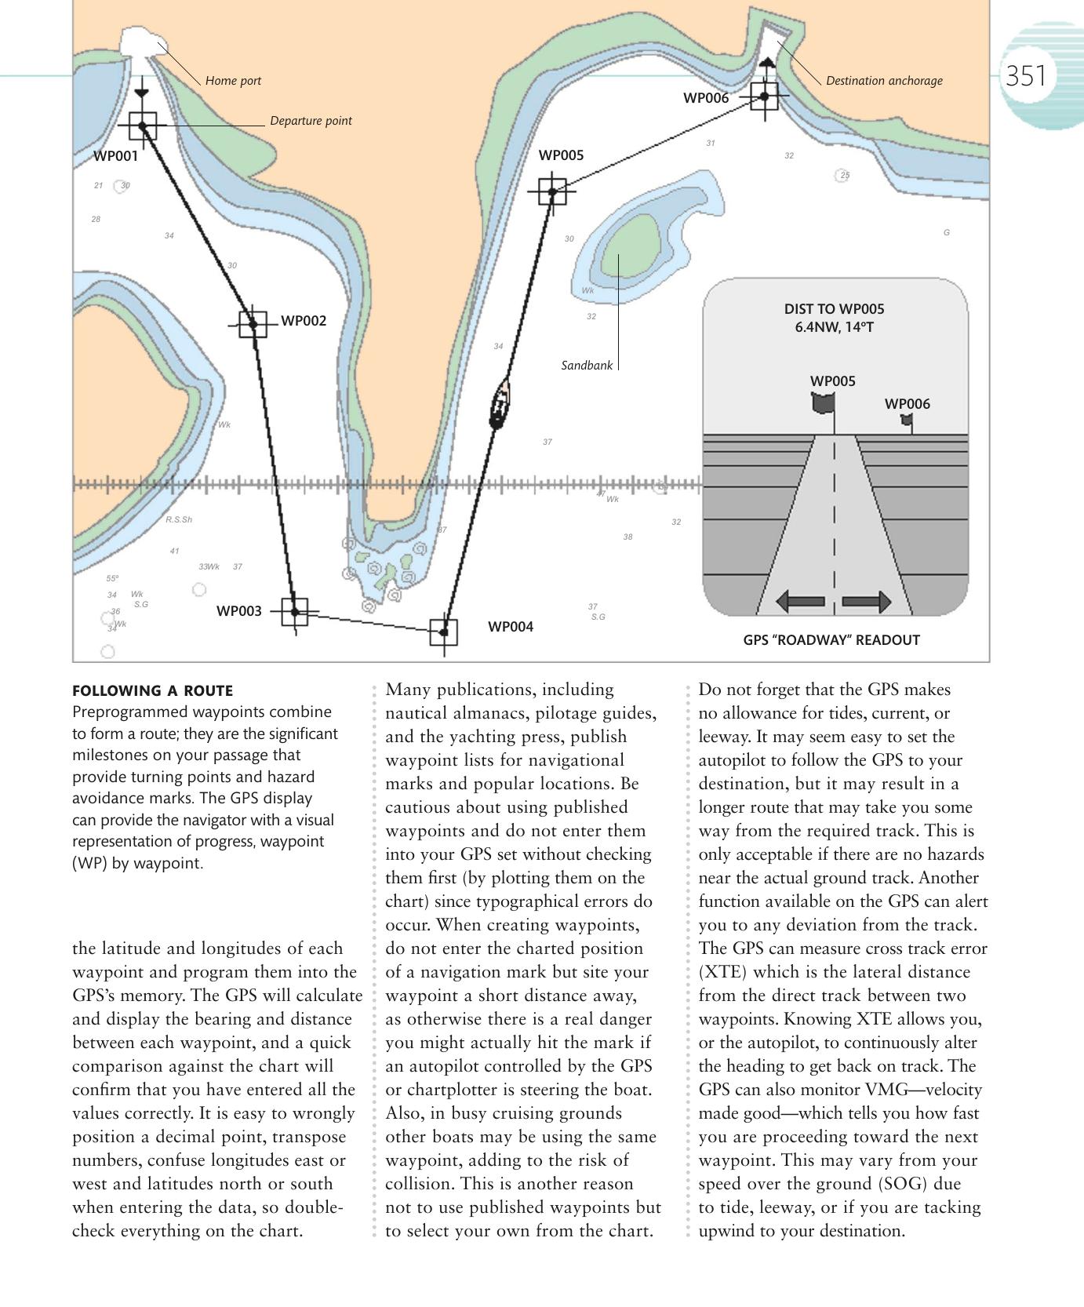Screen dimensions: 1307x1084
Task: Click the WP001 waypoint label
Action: pos(115,155)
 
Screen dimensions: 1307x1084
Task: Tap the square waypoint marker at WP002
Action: pos(253,323)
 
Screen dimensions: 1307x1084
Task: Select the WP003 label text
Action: pos(238,611)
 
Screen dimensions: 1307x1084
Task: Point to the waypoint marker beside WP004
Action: pos(444,632)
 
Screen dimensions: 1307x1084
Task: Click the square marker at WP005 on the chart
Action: pos(552,191)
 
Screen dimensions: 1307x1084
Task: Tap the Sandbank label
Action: pos(587,366)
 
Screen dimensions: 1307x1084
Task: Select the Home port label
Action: pos(233,81)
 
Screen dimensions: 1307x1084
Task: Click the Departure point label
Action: pos(311,121)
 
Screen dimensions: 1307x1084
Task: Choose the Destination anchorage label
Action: pos(884,81)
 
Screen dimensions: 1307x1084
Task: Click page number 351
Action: pos(1026,76)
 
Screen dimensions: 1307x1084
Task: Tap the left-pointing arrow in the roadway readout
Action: pos(800,602)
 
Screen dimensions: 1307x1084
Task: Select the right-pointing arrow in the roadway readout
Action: pos(867,602)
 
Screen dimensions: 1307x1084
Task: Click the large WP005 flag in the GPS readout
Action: pos(824,403)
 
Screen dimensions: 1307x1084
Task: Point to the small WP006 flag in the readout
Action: pos(907,420)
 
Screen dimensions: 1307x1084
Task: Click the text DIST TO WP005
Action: pos(834,309)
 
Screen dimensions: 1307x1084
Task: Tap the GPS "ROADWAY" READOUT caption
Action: pos(831,640)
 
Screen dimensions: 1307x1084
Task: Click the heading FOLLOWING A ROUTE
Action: pos(152,691)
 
